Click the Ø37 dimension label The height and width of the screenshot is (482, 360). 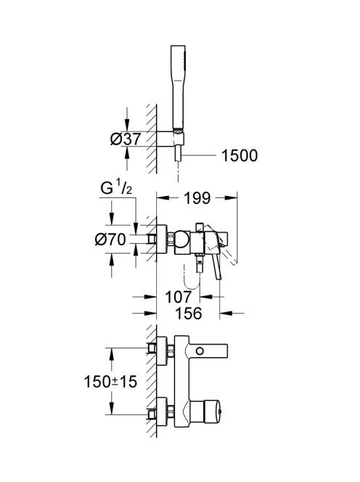click(x=126, y=139)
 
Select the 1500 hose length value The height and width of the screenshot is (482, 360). click(x=240, y=155)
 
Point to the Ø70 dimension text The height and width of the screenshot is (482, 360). click(x=110, y=239)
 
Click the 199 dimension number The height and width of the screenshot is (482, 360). click(x=197, y=198)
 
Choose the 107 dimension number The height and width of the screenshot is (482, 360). click(x=179, y=297)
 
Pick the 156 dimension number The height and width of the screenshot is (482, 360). click(x=189, y=314)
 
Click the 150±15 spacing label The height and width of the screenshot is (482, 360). click(x=110, y=382)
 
